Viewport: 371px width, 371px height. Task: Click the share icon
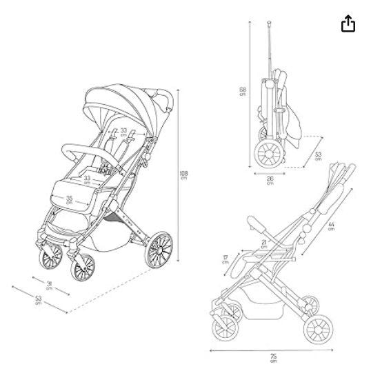[348, 23]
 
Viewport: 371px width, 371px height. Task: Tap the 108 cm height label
[183, 175]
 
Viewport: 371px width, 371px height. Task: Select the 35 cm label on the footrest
[69, 200]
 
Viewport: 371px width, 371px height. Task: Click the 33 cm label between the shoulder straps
[123, 132]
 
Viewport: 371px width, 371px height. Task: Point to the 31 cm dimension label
[49, 285]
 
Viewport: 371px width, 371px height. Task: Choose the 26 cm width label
[270, 180]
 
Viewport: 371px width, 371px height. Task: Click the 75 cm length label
[273, 358]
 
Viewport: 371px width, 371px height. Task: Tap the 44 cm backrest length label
[331, 226]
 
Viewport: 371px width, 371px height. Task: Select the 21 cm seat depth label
[264, 244]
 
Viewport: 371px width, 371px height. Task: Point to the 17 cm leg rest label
[225, 259]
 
